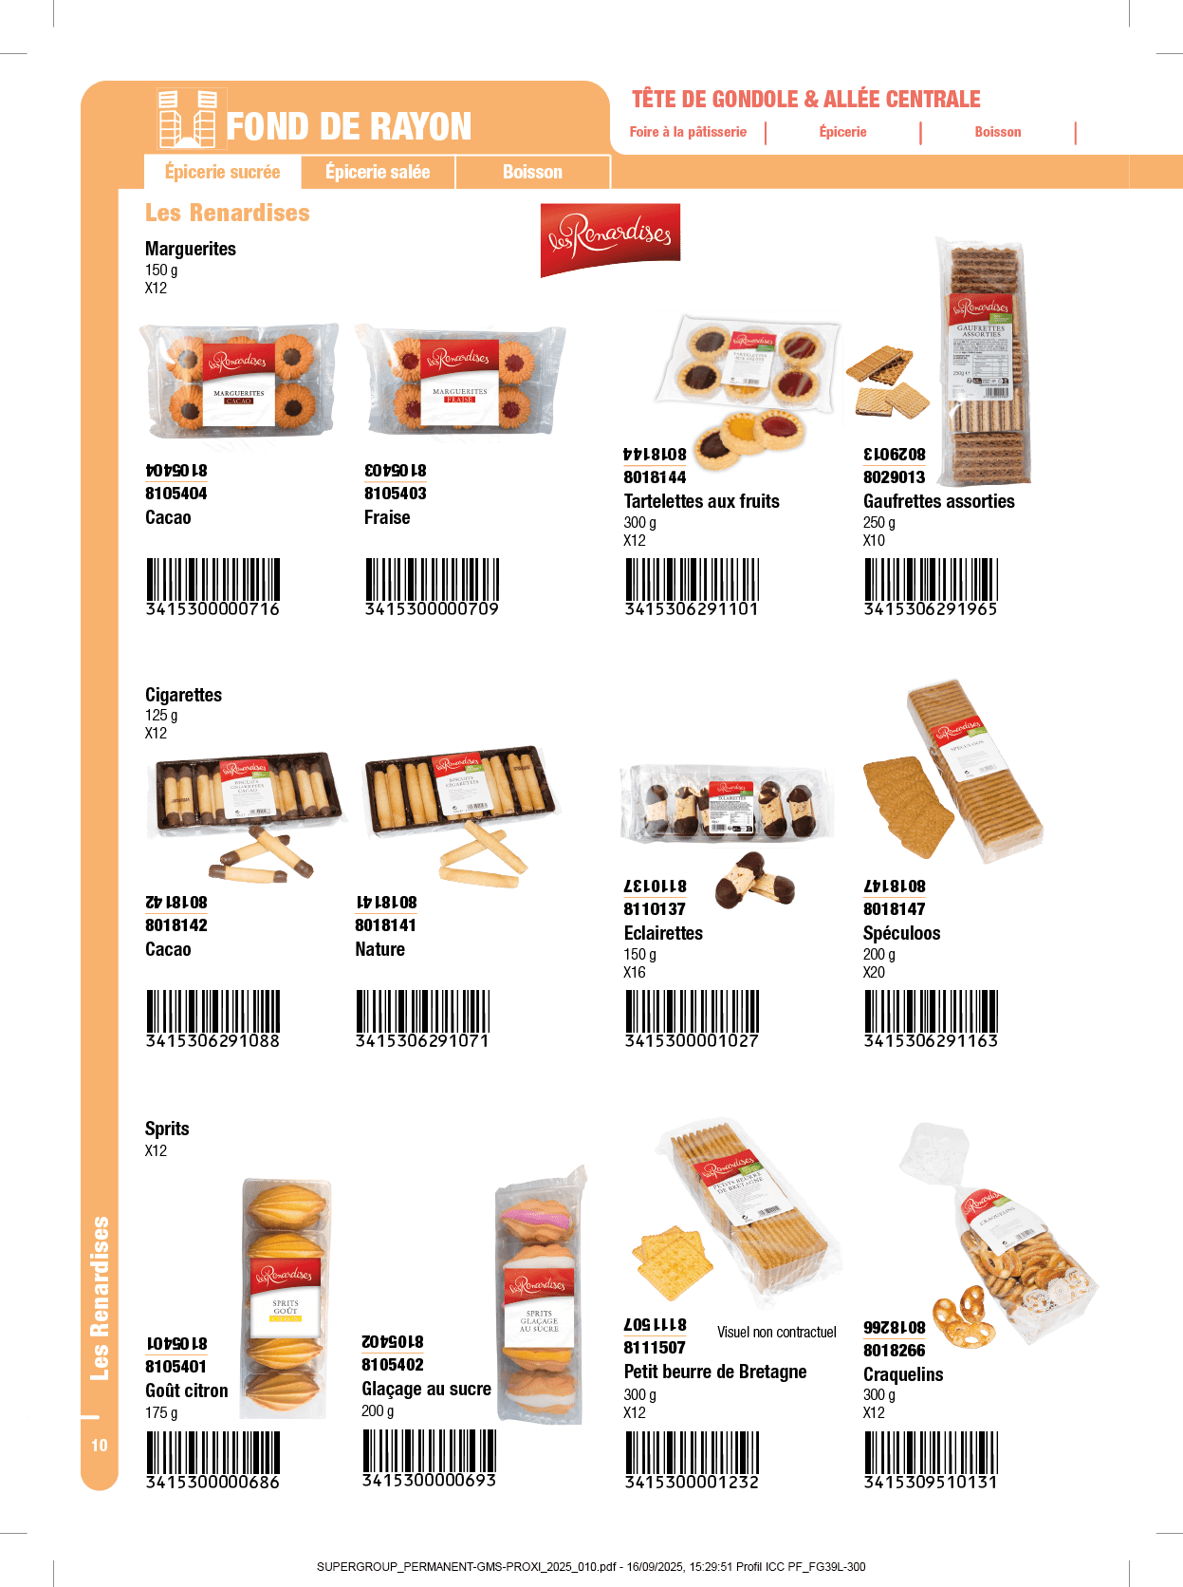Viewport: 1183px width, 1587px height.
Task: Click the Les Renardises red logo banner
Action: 610,238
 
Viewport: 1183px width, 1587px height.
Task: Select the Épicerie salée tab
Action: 378,172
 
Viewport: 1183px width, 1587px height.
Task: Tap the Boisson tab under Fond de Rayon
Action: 532,172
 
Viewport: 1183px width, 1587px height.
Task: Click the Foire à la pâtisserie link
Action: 688,132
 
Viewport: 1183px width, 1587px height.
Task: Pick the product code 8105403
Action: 395,494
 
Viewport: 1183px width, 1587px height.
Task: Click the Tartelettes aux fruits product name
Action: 701,501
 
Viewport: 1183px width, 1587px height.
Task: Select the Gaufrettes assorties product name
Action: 938,501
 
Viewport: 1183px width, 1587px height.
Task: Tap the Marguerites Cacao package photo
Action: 239,383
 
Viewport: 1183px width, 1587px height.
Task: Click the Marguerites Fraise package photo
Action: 460,383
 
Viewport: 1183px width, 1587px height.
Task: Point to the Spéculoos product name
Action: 901,933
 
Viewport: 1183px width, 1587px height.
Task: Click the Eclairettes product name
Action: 663,933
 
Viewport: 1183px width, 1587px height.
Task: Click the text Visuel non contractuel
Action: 776,1333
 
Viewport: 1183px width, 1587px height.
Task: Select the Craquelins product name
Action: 902,1374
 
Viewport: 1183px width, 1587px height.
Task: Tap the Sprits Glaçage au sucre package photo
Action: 542,1294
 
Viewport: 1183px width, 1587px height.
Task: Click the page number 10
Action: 100,1445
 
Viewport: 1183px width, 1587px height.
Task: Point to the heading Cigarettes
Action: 183,695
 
